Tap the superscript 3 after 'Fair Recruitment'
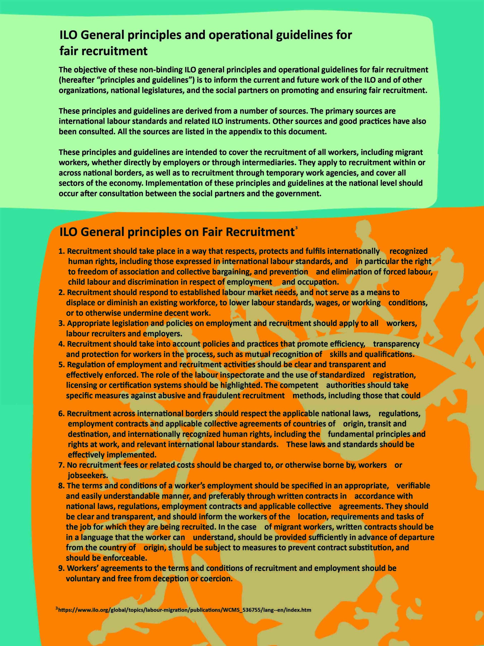point(296,227)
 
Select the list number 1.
point(61,251)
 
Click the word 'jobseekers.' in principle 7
point(88,475)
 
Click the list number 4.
point(61,344)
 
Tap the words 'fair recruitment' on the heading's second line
point(104,51)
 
